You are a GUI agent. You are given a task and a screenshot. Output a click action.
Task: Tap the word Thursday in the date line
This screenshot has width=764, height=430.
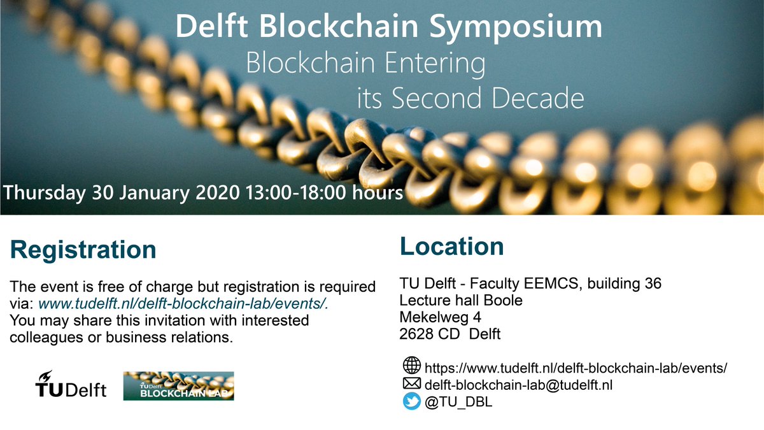point(43,192)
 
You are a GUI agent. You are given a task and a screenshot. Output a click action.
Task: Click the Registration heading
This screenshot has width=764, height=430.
point(83,250)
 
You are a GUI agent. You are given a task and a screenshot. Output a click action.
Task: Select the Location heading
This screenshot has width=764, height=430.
point(451,246)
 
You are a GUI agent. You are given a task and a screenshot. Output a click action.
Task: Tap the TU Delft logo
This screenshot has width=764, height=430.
point(71,385)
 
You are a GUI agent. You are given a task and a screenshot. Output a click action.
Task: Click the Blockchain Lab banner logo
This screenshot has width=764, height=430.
point(178,386)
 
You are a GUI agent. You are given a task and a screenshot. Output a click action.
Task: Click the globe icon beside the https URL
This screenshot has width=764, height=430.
point(412,366)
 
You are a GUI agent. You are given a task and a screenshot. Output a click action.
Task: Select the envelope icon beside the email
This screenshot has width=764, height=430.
point(412,383)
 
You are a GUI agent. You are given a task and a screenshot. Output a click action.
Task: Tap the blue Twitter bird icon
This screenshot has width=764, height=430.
point(412,401)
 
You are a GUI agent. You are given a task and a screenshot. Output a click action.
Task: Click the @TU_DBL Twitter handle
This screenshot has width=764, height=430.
point(457,402)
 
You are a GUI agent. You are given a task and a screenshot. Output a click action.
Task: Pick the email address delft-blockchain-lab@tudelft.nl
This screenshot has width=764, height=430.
point(518,384)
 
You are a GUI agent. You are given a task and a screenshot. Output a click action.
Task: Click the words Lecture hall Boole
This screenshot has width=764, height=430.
point(460,300)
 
